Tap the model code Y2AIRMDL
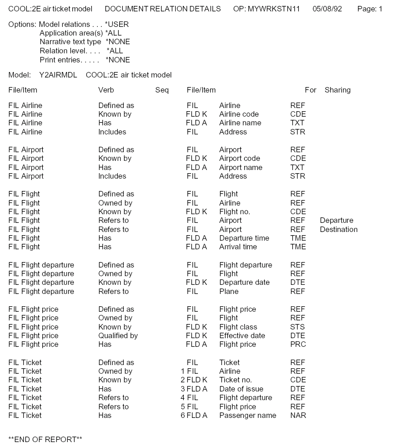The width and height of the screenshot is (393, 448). (58, 75)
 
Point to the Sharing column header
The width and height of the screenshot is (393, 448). (338, 90)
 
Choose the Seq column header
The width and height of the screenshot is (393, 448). (161, 90)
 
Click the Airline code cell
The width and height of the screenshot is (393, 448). (239, 114)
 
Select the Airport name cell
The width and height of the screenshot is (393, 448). (241, 167)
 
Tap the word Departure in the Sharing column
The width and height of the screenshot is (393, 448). (336, 221)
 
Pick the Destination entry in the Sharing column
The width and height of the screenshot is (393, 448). (338, 229)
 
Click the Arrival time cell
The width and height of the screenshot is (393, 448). (238, 247)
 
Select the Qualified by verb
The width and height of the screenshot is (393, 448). (118, 335)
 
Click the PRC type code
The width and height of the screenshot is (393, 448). (298, 345)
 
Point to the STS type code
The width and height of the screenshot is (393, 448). (297, 327)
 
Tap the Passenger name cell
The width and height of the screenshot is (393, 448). (247, 415)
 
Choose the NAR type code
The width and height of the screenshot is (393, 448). (298, 415)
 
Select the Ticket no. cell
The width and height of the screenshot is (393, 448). (235, 380)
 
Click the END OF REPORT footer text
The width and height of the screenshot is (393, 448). (45, 439)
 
